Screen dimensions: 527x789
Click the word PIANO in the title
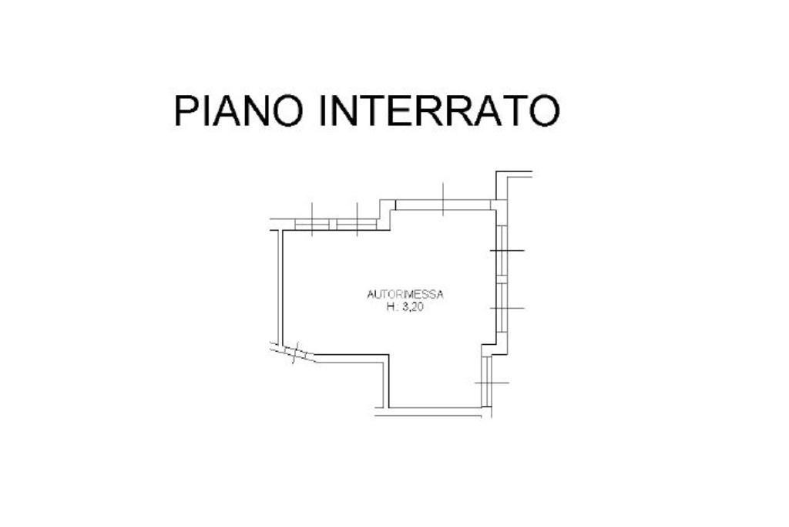(239, 110)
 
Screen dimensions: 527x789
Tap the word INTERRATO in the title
(438, 110)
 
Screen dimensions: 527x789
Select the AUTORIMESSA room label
(405, 294)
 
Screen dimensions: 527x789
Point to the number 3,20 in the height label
(415, 306)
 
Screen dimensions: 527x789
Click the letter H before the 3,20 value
(390, 306)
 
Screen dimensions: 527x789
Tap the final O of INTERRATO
(544, 110)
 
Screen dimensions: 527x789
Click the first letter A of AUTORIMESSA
(371, 294)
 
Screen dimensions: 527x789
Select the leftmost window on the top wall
(312, 225)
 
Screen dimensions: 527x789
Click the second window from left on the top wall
(356, 225)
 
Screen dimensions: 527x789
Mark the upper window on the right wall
(501, 251)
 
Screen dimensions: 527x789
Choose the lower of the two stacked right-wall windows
(501, 308)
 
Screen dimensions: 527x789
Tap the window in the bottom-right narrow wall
(486, 383)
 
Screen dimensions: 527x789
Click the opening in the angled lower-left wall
(294, 353)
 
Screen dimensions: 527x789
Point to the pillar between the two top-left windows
(333, 225)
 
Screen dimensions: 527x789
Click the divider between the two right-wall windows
(501, 279)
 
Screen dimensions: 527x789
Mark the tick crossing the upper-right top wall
(444, 198)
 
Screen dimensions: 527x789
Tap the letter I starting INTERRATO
(324, 110)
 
